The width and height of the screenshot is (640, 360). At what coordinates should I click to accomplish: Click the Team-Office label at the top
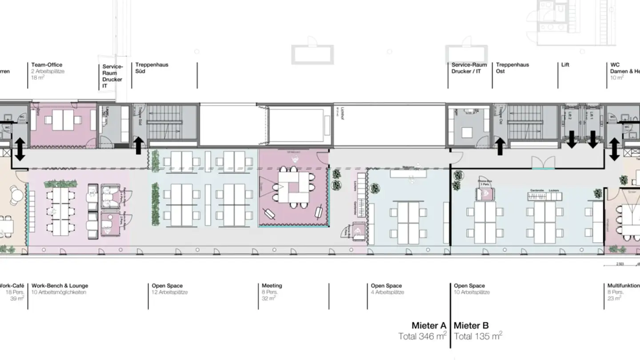pos(47,65)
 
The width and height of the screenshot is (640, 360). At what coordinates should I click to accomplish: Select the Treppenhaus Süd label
pos(152,68)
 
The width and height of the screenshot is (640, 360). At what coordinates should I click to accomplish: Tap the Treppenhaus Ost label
pos(512,68)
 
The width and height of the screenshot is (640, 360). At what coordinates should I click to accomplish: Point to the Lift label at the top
pos(565,65)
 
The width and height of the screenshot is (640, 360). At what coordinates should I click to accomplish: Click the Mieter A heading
pos(428,325)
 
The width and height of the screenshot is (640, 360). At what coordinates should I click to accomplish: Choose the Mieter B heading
pos(471,325)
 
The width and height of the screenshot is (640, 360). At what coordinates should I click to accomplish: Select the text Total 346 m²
pos(422,336)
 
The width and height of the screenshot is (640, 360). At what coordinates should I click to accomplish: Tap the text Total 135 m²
pos(478,336)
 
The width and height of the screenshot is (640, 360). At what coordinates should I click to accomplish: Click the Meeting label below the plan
pos(272,286)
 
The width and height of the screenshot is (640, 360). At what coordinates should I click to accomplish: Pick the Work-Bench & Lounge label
pos(60,286)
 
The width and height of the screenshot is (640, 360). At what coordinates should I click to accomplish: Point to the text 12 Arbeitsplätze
pos(170,292)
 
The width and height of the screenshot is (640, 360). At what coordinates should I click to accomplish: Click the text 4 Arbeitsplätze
pos(388,292)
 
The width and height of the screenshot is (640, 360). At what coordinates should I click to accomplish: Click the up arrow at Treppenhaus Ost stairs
pos(500,146)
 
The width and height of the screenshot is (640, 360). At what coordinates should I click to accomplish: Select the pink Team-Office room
pos(63,126)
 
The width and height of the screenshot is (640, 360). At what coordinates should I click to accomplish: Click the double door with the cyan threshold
pos(544,163)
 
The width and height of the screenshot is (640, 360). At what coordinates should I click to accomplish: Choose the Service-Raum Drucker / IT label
pos(469,68)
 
